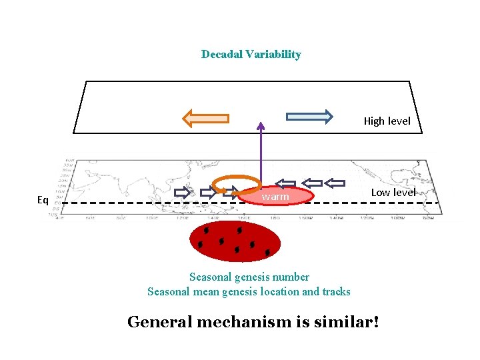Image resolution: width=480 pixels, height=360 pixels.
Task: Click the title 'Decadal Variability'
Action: click(x=251, y=55)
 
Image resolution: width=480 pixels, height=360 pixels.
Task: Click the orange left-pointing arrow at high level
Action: click(x=206, y=119)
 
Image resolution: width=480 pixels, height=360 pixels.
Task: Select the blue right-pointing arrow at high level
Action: click(x=309, y=117)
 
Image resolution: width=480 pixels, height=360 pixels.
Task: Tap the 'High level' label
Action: click(x=387, y=121)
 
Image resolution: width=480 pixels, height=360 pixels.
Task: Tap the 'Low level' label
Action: click(x=393, y=193)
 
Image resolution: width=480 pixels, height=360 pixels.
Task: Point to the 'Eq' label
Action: click(x=43, y=200)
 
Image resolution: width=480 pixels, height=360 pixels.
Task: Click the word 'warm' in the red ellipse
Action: click(x=275, y=197)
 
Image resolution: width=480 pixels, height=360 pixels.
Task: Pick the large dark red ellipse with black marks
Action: click(x=233, y=241)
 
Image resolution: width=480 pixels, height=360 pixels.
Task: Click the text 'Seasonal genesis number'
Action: click(x=249, y=277)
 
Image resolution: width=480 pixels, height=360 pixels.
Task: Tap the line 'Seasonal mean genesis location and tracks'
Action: click(x=249, y=291)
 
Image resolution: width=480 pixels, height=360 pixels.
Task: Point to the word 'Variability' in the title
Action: click(x=273, y=55)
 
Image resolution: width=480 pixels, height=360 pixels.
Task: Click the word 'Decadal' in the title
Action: click(x=222, y=55)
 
